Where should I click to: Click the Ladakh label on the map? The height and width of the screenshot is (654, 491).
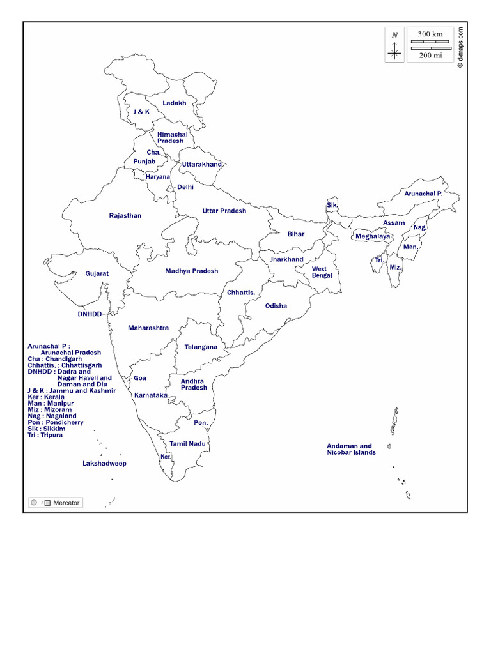coord(174,103)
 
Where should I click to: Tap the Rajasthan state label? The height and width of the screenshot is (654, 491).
coord(125,216)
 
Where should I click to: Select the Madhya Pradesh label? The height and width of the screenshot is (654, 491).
coord(192,271)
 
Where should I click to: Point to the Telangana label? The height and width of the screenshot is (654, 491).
coord(201,347)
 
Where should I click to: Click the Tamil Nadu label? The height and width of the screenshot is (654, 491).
coord(187,443)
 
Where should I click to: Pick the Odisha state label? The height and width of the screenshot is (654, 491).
coord(276,306)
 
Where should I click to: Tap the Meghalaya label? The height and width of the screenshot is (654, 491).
coord(373,236)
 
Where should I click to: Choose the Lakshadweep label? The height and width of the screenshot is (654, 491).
coord(104,464)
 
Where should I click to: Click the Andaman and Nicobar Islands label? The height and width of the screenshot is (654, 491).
coord(351,450)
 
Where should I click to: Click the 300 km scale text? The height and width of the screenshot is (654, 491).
coord(430,34)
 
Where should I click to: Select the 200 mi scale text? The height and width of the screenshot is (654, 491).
coord(430,56)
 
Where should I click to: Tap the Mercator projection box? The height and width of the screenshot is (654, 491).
coord(56,503)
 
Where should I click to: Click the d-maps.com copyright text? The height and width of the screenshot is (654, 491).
coord(460,45)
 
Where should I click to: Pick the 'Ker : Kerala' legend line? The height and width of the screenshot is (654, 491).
coord(46,397)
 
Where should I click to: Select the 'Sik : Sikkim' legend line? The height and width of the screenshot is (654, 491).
coord(46,429)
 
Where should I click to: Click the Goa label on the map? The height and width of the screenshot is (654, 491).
coord(140,378)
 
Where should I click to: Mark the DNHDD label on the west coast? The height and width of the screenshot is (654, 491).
coord(90,314)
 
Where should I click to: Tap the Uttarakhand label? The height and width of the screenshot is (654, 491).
coord(202,165)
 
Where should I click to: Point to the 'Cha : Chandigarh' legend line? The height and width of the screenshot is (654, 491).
coord(55,359)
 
